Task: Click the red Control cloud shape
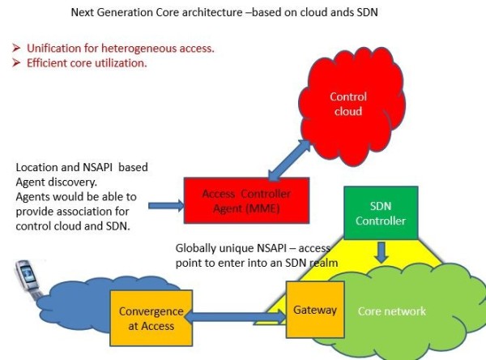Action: [x=348, y=104]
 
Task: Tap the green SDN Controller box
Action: [x=374, y=213]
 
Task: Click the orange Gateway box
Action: [x=309, y=311]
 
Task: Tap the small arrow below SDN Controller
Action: [x=382, y=253]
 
